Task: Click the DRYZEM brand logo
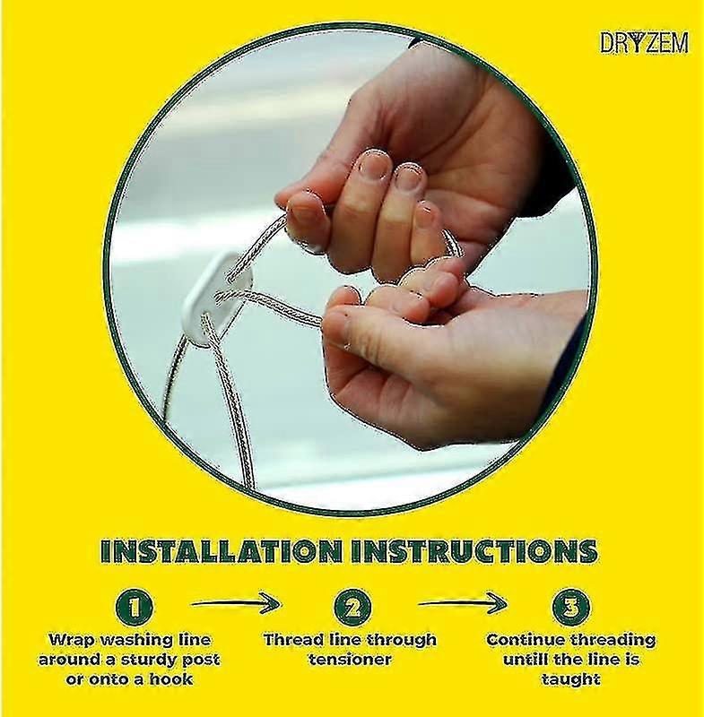(644, 43)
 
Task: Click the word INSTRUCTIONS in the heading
(474, 550)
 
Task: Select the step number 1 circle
(134, 608)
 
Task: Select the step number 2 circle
(352, 608)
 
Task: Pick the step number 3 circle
(570, 608)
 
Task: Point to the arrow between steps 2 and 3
(463, 604)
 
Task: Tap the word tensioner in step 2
(350, 660)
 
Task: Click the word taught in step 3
(570, 679)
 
